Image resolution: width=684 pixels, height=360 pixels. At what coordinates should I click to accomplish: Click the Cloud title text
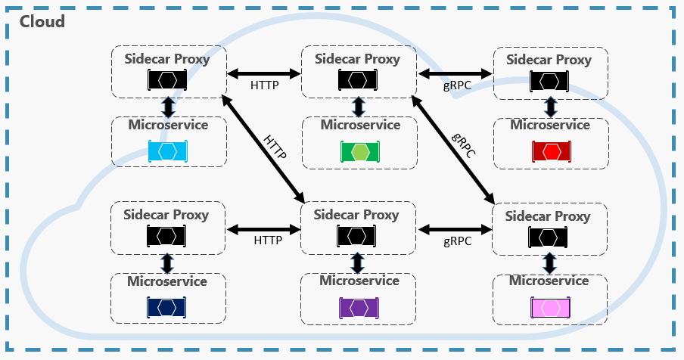click(x=42, y=21)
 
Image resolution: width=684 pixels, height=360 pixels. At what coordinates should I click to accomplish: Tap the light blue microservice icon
click(x=168, y=151)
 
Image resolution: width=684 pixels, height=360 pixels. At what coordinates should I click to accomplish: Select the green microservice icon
click(x=359, y=151)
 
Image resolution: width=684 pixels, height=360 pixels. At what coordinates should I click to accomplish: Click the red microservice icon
click(x=549, y=151)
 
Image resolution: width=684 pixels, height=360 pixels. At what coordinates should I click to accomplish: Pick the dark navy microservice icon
click(x=167, y=307)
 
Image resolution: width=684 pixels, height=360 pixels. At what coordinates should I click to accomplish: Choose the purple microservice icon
click(x=359, y=307)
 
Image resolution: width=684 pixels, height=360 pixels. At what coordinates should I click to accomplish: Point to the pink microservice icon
click(x=549, y=307)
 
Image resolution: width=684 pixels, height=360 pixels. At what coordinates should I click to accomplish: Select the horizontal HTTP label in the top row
click(x=264, y=85)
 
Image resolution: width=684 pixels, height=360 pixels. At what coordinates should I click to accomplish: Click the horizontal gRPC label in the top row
click(x=457, y=85)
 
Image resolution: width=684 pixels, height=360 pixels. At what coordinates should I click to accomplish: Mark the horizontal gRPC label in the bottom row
click(x=457, y=241)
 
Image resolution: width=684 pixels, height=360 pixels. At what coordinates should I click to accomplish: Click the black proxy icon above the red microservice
click(x=549, y=79)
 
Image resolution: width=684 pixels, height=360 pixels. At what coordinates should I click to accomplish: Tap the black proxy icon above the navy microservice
click(x=167, y=237)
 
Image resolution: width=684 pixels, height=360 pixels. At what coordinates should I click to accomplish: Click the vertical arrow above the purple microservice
click(x=359, y=262)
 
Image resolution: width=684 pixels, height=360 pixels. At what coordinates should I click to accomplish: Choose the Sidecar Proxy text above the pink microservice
click(x=548, y=216)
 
